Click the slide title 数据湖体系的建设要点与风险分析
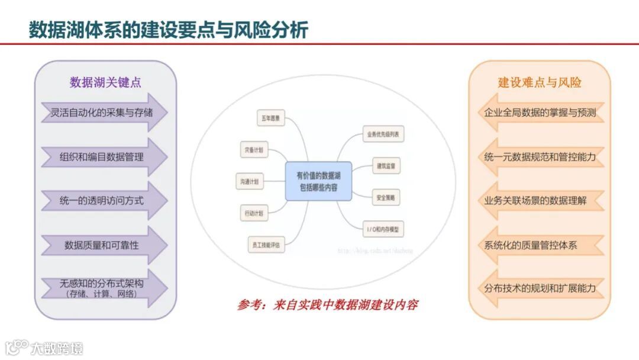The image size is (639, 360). pos(168,29)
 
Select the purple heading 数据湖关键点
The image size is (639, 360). pos(105,82)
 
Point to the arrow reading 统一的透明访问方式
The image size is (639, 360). pos(102,201)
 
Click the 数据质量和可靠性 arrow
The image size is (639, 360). pos(102,245)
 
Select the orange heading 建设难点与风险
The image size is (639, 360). pos(539,82)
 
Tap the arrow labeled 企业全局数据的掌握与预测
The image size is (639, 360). pos(539,112)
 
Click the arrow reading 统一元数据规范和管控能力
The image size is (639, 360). pos(539,157)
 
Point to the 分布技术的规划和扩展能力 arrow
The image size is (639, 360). pos(539,288)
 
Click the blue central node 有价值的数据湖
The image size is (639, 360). pos(318,181)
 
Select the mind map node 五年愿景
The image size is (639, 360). pos(270,119)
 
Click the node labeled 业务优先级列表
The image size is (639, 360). pos(383,134)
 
